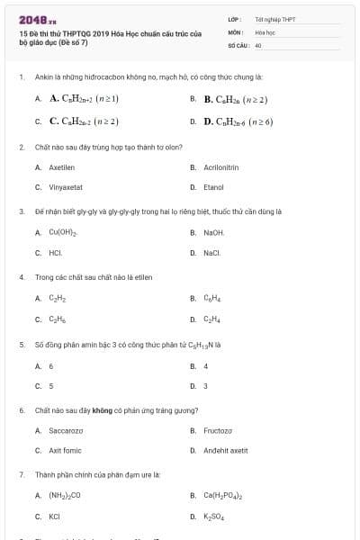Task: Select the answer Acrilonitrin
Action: click(220, 167)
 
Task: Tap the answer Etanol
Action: click(213, 187)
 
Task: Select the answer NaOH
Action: click(214, 233)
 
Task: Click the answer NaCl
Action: click(212, 253)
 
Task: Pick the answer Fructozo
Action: click(218, 430)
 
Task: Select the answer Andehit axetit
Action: click(225, 450)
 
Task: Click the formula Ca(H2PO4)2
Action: click(223, 496)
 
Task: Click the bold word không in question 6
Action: click(102, 410)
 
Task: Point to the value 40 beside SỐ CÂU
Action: click(258, 44)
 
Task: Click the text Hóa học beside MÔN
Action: click(264, 31)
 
